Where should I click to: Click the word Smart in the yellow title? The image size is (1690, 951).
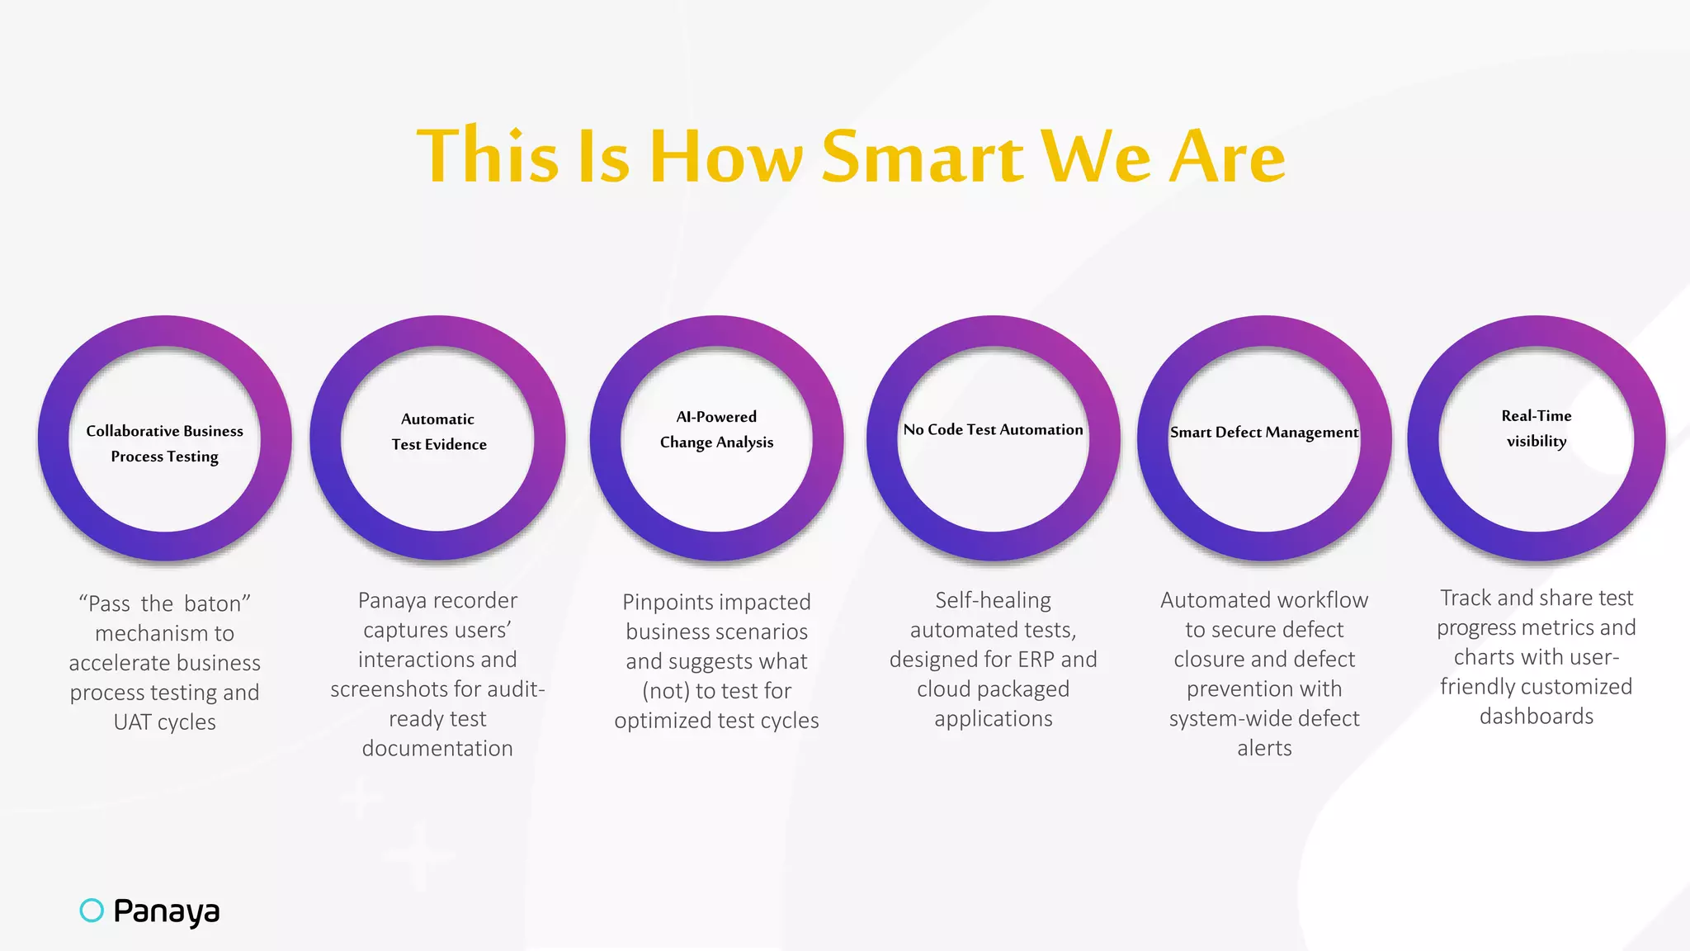(x=923, y=156)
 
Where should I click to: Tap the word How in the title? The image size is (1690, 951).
(x=725, y=156)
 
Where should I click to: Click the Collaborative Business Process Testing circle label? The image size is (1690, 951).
(x=165, y=443)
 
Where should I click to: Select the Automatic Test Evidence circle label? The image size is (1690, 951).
(x=438, y=432)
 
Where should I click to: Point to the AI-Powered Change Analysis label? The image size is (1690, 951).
(x=716, y=429)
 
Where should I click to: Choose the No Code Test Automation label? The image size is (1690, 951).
(x=993, y=429)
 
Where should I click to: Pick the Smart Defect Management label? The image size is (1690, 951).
(x=1263, y=432)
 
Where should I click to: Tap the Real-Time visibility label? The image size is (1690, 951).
(x=1536, y=428)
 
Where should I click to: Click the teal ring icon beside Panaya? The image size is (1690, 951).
(x=92, y=910)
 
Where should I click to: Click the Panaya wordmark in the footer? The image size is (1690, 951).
(x=167, y=911)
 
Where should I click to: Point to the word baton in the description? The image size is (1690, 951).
(x=217, y=603)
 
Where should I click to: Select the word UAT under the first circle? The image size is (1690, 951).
(x=132, y=722)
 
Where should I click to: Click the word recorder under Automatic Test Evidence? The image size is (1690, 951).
(x=479, y=600)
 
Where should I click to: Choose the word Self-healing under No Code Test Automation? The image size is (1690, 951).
(x=993, y=600)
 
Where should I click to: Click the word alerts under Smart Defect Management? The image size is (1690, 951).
(x=1264, y=748)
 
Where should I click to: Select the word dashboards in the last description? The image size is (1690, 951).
(x=1536, y=716)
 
